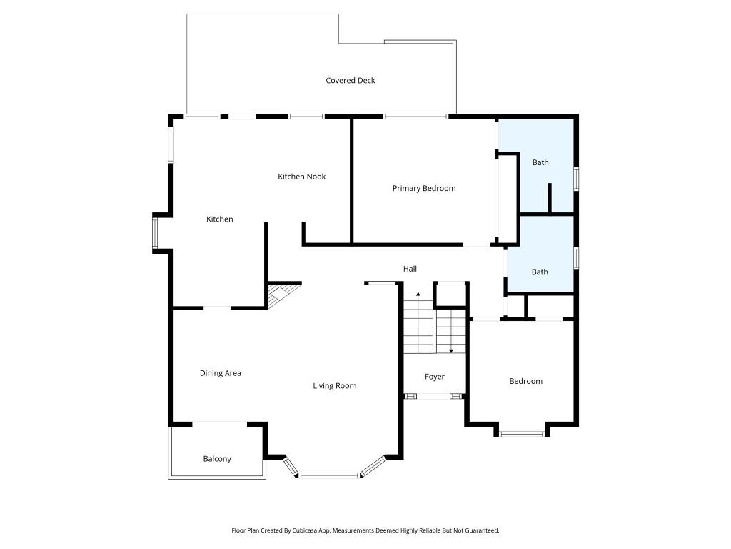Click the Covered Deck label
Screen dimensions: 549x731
point(350,81)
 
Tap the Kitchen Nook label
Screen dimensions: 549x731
point(301,177)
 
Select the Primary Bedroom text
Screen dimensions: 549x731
point(423,189)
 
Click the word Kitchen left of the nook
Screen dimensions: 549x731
point(219,219)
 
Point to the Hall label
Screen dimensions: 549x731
point(410,269)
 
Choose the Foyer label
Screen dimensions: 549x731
point(434,377)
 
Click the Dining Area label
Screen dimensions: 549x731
point(220,373)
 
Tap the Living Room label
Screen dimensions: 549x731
point(334,386)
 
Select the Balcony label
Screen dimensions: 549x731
point(217,459)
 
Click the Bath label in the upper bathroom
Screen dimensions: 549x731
point(540,163)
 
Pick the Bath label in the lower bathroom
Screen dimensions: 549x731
point(540,272)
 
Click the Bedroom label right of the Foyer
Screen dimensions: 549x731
point(525,382)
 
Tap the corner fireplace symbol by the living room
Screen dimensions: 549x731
point(281,295)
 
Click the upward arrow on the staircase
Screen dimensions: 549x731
point(418,296)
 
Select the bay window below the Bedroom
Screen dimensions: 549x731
point(521,433)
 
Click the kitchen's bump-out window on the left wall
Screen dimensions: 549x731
point(155,233)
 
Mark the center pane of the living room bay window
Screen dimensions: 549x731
point(330,475)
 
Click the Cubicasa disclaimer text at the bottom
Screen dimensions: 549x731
point(365,530)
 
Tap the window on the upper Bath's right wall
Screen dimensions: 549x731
point(576,178)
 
